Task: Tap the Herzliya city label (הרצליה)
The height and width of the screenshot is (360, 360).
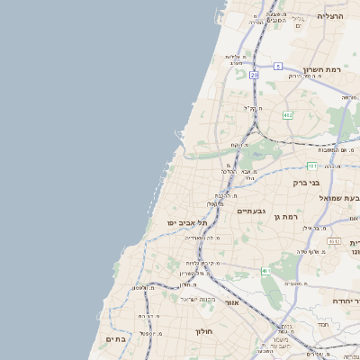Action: point(331,17)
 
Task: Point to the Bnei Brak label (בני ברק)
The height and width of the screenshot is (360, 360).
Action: point(307,183)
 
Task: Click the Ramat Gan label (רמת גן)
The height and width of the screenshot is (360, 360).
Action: point(287,217)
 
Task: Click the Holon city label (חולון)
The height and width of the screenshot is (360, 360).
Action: point(203,331)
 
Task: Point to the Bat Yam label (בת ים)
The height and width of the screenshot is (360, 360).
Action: point(118,338)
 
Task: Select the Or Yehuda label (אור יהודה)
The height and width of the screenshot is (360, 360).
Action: point(346,301)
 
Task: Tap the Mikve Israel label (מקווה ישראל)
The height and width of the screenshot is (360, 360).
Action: point(197,299)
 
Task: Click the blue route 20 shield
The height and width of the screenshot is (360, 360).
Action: point(255,76)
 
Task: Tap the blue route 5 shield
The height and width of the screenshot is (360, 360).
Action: point(278,66)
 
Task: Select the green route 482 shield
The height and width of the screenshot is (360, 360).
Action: point(287,115)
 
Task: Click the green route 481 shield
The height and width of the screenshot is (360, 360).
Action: point(311,166)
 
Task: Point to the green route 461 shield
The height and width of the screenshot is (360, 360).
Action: point(265,270)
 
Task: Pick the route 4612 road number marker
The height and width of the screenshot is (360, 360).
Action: point(334,241)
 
